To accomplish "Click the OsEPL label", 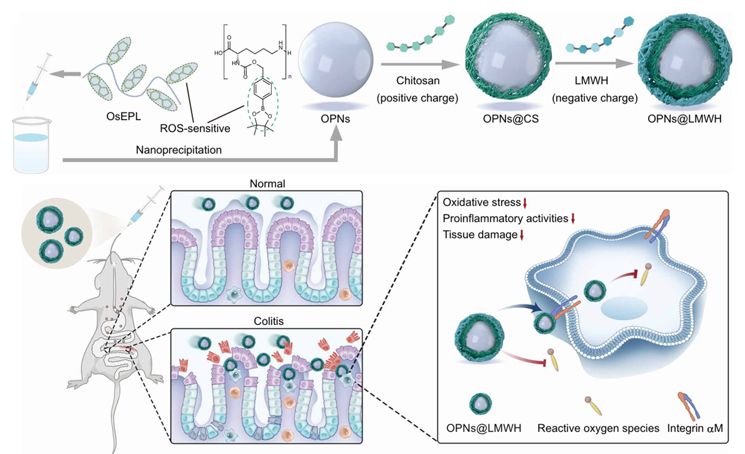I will tap(124, 116).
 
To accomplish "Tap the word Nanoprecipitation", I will tap(179, 150).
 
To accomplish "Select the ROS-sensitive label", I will tap(195, 128).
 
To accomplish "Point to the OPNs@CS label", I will tap(511, 119).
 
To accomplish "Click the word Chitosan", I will tap(418, 81).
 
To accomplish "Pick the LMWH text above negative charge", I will tap(591, 81).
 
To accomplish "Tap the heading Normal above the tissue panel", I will tap(267, 184).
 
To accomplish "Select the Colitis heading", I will tap(268, 321).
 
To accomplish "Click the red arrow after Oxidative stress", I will tap(525, 203).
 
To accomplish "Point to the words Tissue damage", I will tap(480, 234).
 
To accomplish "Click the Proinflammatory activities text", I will tap(505, 218).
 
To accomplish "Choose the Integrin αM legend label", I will tap(695, 428).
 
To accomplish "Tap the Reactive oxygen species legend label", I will tap(598, 428).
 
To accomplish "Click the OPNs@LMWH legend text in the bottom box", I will tap(483, 428).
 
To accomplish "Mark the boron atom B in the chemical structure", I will tap(263, 109).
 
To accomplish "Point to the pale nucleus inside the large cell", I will tap(624, 308).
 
